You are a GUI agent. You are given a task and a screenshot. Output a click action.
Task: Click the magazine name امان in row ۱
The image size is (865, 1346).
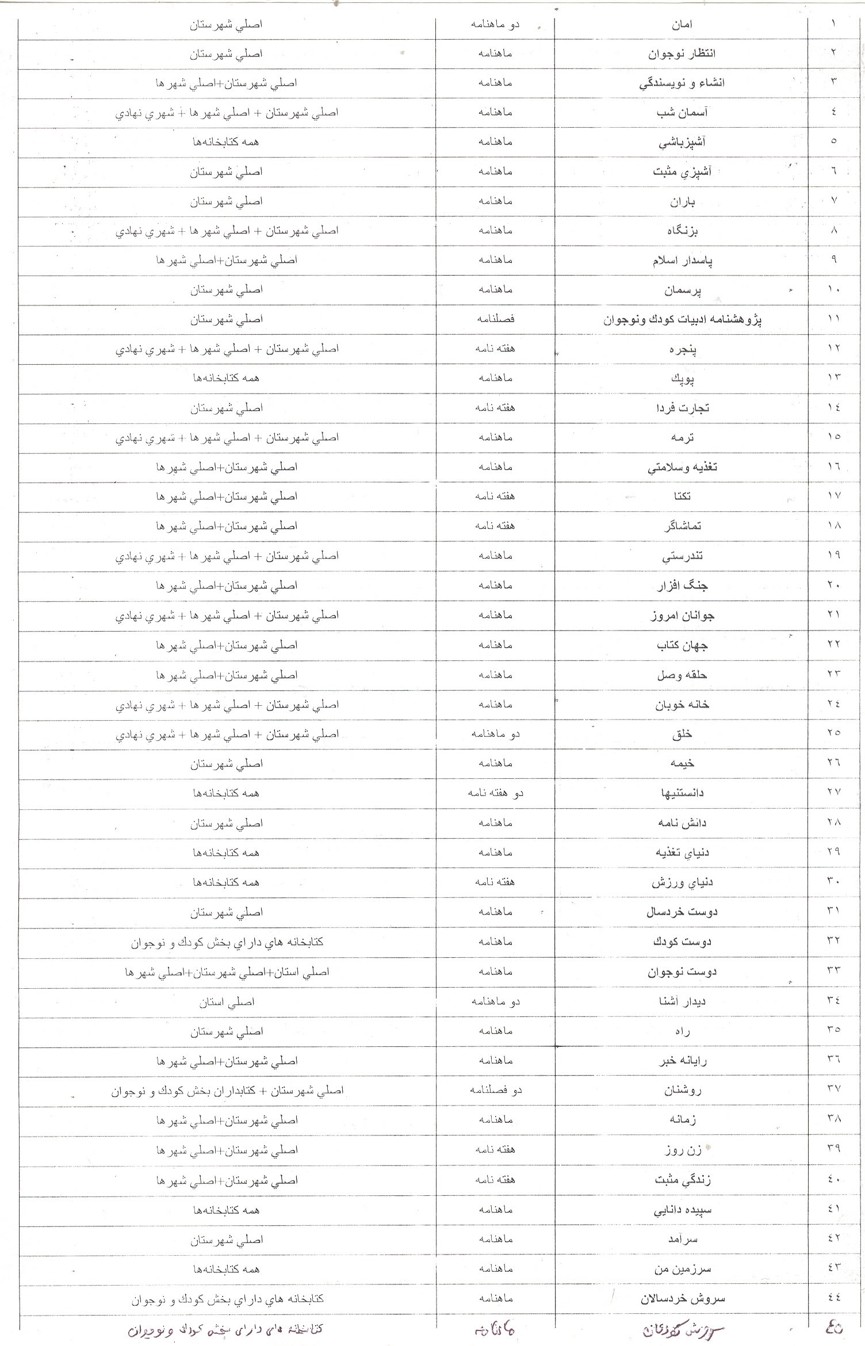coord(682,25)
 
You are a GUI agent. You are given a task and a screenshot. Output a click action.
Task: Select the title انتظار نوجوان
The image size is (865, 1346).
coord(682,54)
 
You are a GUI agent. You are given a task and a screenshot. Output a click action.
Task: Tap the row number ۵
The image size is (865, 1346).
coord(834,142)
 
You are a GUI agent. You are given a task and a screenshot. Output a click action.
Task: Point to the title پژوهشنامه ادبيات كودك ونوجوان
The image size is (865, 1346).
coord(682,320)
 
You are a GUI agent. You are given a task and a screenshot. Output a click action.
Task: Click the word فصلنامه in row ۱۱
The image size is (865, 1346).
coord(495,319)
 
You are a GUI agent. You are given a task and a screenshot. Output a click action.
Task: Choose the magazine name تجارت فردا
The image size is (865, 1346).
coord(682,408)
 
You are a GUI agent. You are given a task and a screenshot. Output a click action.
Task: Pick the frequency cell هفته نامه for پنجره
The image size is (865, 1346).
coord(495,349)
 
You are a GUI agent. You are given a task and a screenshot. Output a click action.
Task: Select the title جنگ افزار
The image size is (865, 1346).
coord(682,586)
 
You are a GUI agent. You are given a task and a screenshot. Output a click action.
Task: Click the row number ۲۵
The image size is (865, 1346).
coord(834,733)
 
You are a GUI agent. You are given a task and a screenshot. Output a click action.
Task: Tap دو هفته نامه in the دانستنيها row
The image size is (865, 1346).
coord(495,793)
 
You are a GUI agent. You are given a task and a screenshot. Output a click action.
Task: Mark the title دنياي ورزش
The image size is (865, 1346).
coord(682,882)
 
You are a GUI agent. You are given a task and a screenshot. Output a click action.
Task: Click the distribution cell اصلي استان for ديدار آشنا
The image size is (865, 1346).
coord(227,1002)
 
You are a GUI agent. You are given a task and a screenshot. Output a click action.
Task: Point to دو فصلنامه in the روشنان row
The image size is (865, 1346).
coord(495,1090)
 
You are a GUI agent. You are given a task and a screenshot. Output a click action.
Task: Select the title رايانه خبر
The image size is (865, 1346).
coord(682,1061)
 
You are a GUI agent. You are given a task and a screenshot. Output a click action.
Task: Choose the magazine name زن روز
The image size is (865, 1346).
coord(682,1150)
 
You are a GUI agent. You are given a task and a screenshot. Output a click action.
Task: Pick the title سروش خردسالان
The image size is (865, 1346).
coord(682,1299)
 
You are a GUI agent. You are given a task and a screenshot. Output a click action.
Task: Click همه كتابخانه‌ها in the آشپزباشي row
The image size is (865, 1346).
coord(227,142)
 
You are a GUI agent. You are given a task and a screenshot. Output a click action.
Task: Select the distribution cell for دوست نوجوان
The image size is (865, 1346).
coord(227,972)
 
